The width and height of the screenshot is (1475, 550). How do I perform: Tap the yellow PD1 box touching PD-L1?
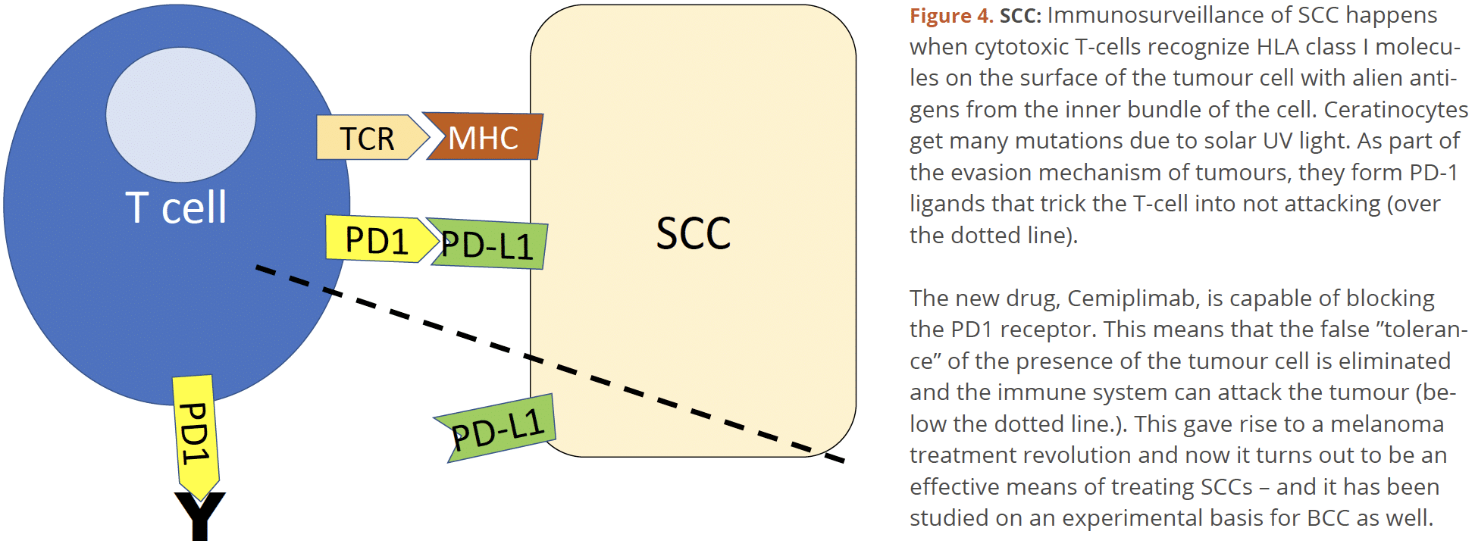pyautogui.click(x=377, y=239)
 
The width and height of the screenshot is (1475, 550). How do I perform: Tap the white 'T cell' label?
pyautogui.click(x=176, y=207)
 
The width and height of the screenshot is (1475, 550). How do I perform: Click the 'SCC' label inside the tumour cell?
pyautogui.click(x=693, y=233)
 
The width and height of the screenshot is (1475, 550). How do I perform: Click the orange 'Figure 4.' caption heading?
pyautogui.click(x=951, y=16)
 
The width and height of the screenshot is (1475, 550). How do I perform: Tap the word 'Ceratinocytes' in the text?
pyautogui.click(x=1395, y=110)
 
